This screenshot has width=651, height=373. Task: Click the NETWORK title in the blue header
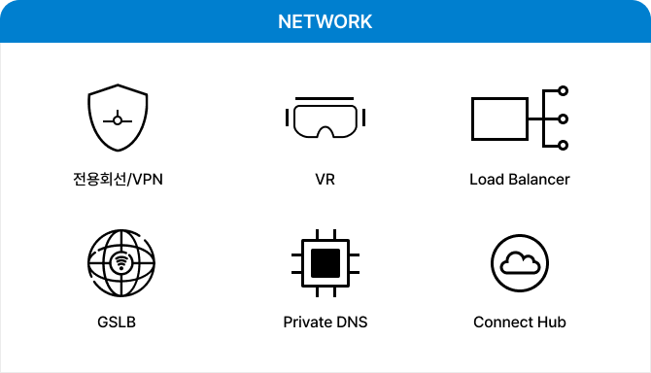(325, 21)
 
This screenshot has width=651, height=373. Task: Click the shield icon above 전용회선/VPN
(117, 119)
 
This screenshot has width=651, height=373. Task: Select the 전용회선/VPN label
(117, 180)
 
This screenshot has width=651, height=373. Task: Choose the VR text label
(325, 180)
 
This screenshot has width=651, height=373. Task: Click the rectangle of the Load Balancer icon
(498, 119)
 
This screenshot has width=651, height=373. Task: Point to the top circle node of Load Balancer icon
(563, 93)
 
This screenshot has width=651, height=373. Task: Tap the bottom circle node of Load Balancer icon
(563, 146)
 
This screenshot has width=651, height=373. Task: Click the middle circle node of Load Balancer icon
(563, 119)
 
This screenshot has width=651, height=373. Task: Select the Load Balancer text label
(519, 180)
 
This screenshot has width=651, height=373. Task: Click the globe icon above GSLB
(120, 261)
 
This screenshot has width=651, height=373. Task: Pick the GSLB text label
(117, 322)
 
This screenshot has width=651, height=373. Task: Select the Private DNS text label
(325, 322)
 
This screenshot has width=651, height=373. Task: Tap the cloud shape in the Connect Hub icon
(520, 262)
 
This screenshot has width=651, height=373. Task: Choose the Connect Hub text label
(520, 322)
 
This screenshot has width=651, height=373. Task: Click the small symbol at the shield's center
(118, 119)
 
